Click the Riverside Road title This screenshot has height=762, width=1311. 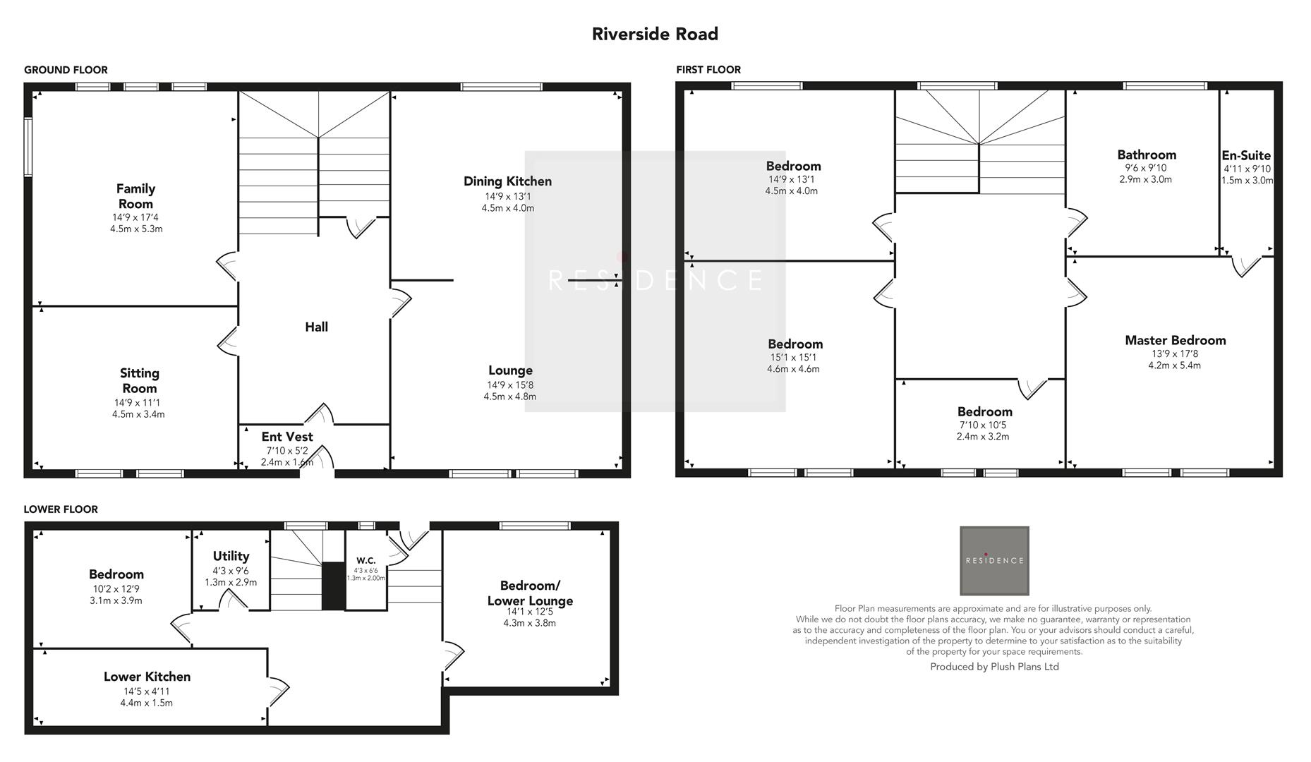tap(655, 34)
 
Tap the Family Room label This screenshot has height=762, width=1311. tap(135, 196)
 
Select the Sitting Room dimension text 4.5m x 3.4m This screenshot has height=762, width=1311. tap(138, 414)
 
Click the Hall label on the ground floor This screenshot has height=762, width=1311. tap(316, 327)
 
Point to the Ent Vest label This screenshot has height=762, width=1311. tap(286, 437)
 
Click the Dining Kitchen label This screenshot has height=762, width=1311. tap(507, 181)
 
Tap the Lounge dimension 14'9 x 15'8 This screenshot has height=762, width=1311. tap(509, 385)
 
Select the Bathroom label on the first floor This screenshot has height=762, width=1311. tap(1146, 155)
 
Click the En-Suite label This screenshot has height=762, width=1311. tap(1246, 155)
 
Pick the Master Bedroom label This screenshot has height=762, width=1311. tap(1175, 340)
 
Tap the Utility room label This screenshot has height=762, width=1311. tap(231, 556)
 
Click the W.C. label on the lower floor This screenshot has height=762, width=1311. tap(365, 561)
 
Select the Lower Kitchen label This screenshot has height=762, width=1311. tap(147, 677)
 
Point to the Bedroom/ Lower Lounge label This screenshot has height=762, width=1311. tap(529, 593)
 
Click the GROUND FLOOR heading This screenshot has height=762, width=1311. tap(66, 70)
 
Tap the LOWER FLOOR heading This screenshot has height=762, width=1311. tap(61, 509)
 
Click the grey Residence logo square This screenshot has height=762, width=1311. tap(993, 560)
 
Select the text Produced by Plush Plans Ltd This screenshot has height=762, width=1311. tap(993, 667)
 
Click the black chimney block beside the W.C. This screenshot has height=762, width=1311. tap(333, 586)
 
